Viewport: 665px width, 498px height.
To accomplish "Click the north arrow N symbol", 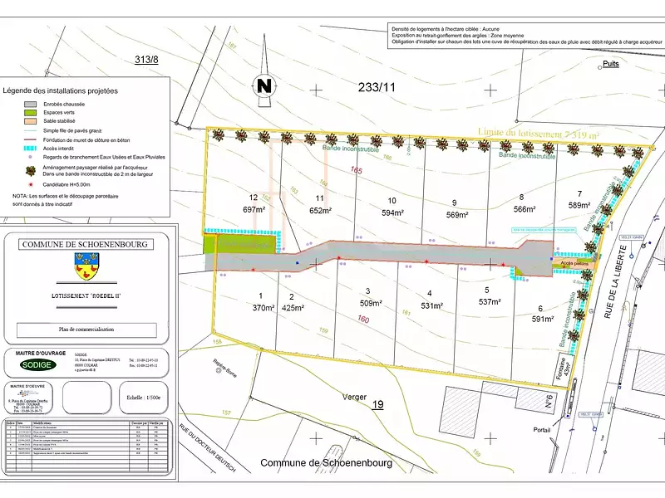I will (264, 85).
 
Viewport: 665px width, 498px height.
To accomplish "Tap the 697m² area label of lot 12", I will (254, 211).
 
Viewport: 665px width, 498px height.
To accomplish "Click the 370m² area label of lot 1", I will (263, 308).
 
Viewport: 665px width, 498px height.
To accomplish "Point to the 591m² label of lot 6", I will (542, 318).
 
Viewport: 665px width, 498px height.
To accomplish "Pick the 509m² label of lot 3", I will (368, 303).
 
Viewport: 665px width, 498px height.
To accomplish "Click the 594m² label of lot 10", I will (391, 212).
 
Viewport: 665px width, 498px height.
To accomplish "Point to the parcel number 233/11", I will (377, 86).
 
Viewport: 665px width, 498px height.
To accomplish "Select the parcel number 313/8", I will (146, 59).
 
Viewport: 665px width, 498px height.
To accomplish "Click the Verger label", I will (355, 398).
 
